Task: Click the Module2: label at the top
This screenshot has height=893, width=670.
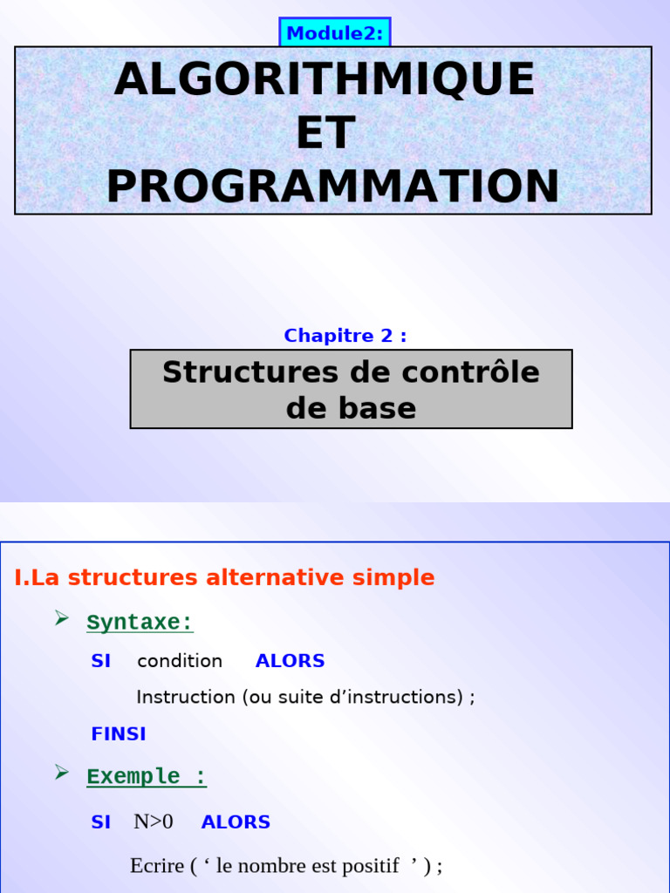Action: pyautogui.click(x=335, y=33)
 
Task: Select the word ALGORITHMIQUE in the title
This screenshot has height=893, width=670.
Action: pyautogui.click(x=324, y=79)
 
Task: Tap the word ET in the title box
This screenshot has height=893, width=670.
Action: pyautogui.click(x=325, y=133)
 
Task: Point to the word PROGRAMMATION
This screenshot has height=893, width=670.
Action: pyautogui.click(x=332, y=187)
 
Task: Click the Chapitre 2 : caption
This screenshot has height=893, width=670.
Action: pyautogui.click(x=345, y=336)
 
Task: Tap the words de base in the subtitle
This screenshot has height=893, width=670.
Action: pyautogui.click(x=351, y=408)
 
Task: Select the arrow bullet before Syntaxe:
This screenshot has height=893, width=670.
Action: pyautogui.click(x=62, y=619)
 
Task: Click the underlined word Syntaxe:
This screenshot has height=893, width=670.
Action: pyautogui.click(x=140, y=623)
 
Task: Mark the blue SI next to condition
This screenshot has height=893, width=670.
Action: pyautogui.click(x=101, y=661)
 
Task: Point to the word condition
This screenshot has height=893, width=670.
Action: pyautogui.click(x=180, y=661)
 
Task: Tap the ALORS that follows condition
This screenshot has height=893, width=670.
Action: pyautogui.click(x=290, y=661)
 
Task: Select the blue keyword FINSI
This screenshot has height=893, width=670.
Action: pyautogui.click(x=119, y=734)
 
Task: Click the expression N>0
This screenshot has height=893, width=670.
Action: pyautogui.click(x=154, y=822)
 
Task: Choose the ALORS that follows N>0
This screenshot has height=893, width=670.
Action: pyautogui.click(x=236, y=822)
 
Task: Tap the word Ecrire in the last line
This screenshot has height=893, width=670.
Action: pyautogui.click(x=157, y=866)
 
